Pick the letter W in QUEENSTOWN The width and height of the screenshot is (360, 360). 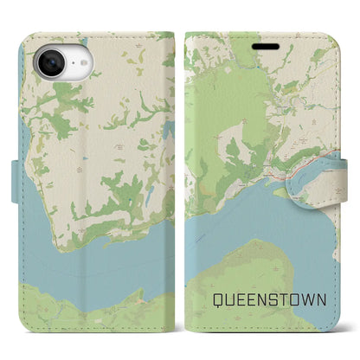[x=312, y=300]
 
